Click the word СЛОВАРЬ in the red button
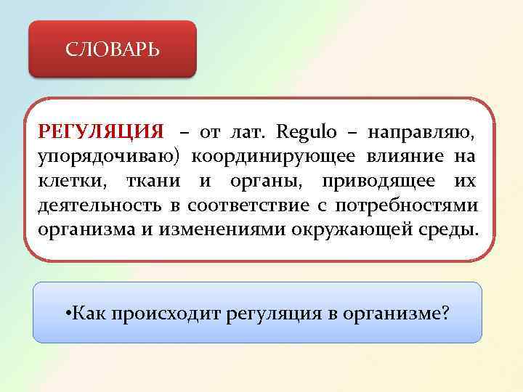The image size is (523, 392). pyautogui.click(x=113, y=50)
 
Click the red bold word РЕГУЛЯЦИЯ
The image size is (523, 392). pyautogui.click(x=101, y=133)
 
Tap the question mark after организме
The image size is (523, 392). pyautogui.click(x=445, y=314)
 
